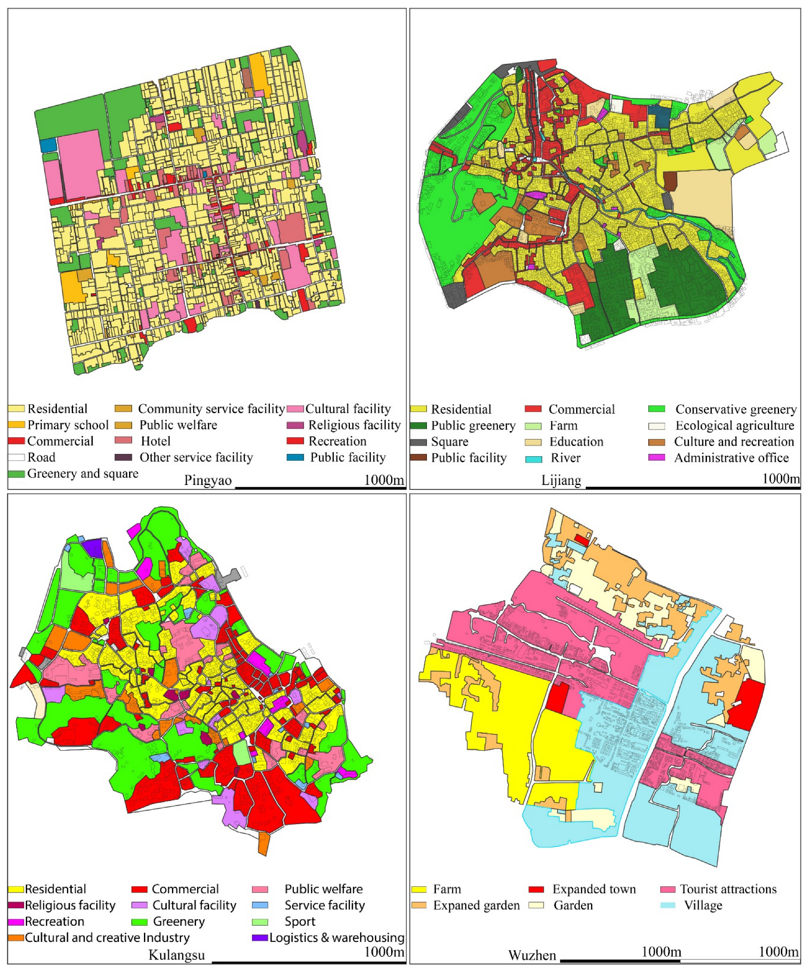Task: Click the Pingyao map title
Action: coord(207,480)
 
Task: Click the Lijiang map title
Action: coord(561,480)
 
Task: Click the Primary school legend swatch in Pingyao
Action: coord(16,425)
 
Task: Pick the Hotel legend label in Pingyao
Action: coord(156,441)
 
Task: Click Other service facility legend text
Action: coord(196,457)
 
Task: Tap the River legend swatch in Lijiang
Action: coord(533,459)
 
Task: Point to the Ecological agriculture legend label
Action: coord(735,425)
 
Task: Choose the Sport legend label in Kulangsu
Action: coord(300,921)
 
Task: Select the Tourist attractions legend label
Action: coord(728,889)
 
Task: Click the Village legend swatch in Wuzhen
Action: coord(668,905)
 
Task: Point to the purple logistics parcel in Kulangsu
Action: coord(93,548)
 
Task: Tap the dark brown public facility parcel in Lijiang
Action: coord(670,181)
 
